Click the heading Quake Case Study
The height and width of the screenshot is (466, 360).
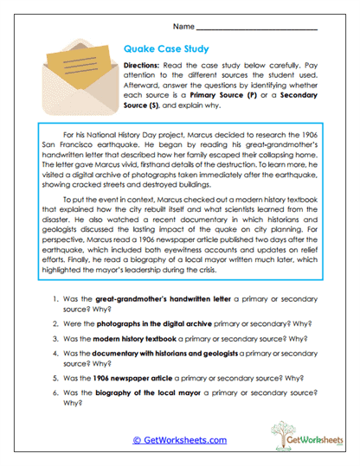(166, 50)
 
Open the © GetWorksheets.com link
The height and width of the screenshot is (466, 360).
(173, 440)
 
